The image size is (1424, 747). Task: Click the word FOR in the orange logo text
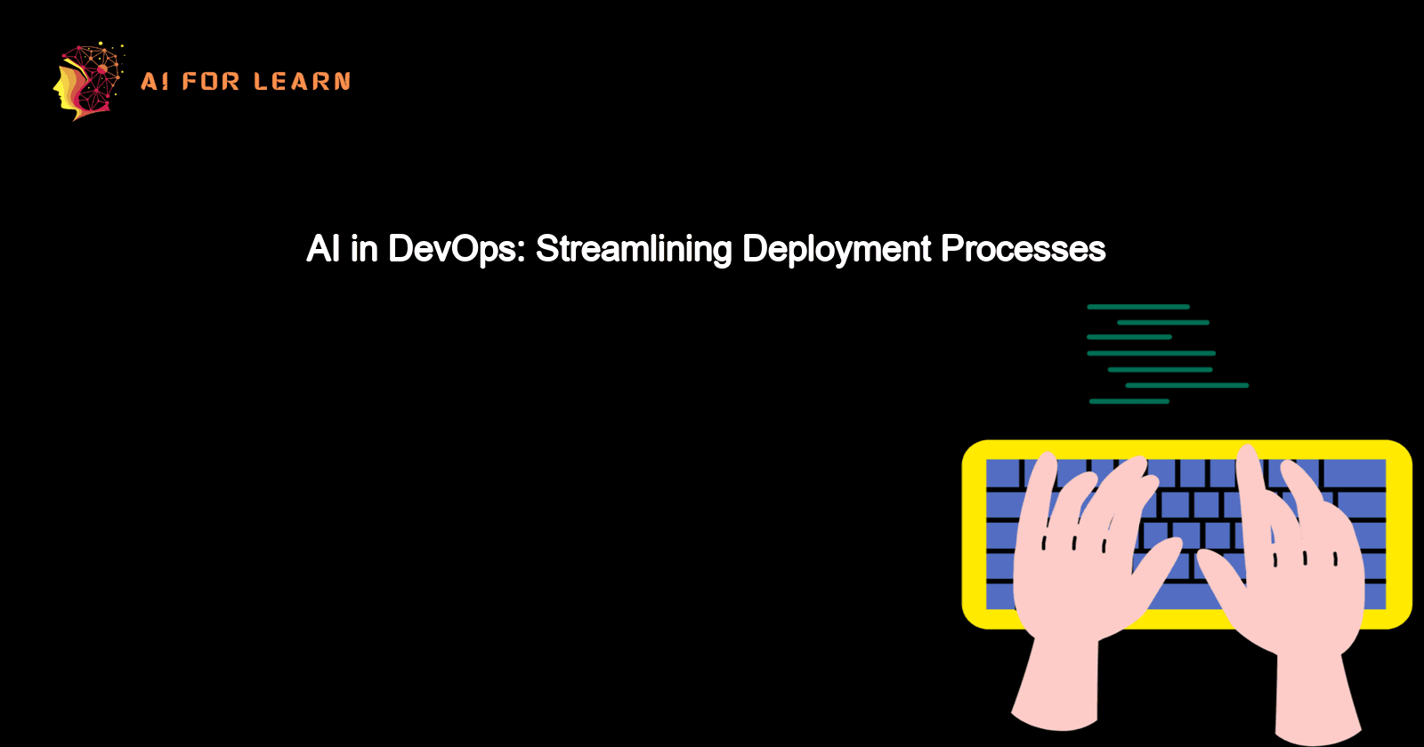point(211,82)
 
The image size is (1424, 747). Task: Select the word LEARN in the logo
point(302,82)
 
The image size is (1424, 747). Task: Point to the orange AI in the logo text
point(155,82)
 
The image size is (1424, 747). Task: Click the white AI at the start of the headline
point(323,249)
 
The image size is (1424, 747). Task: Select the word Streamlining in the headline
point(633,250)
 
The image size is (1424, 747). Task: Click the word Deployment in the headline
point(836,250)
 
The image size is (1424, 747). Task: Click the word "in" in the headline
point(364,249)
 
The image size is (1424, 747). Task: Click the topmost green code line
point(1137,307)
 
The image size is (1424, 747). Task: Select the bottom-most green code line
point(1129,402)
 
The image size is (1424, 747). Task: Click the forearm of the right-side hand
point(1317,694)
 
